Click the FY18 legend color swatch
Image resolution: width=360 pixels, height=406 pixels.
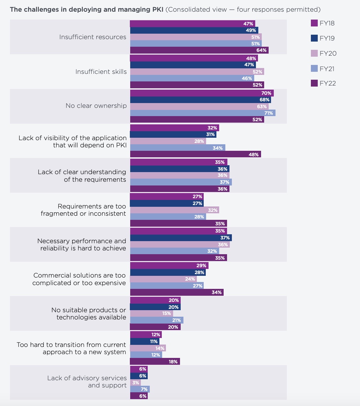pos(314,23)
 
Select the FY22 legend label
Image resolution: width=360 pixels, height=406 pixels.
pos(327,83)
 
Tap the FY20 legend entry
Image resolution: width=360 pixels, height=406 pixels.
pos(327,53)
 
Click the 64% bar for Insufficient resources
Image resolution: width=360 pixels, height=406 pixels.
pos(199,50)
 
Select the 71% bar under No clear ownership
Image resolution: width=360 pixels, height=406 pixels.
pos(202,113)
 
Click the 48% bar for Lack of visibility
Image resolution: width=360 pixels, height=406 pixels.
pos(195,155)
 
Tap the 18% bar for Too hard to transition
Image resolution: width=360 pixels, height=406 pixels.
pos(155,362)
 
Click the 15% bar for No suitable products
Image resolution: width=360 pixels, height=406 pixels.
pos(151,314)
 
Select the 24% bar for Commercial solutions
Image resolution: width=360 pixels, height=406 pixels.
pos(163,279)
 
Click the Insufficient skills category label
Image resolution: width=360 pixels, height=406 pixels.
pos(101,72)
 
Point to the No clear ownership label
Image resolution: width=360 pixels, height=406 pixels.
pos(96,106)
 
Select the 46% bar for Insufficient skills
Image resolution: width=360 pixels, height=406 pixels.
pos(192,78)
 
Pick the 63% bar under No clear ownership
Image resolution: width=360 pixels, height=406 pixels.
pos(199,106)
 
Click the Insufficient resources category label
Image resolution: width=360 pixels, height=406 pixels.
pos(93,37)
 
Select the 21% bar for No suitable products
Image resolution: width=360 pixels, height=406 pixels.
pos(156,320)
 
